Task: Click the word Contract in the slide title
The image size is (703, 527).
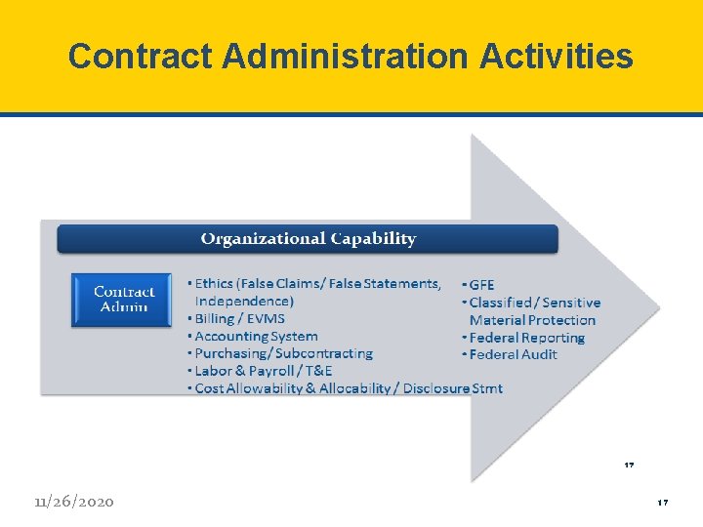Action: [141, 57]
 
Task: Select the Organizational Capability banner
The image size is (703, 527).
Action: [308, 239]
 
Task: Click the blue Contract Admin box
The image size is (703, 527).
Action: [124, 299]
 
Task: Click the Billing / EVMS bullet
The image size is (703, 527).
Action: [240, 319]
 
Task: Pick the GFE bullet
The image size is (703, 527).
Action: [480, 285]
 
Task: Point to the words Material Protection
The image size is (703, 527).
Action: [532, 320]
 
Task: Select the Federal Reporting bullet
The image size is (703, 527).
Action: [526, 338]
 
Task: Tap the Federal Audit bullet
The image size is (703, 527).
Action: [513, 354]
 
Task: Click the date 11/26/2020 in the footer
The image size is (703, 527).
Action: [73, 502]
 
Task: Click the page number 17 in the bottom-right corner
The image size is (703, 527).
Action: [662, 503]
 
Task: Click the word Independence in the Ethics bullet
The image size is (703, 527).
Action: [244, 302]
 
